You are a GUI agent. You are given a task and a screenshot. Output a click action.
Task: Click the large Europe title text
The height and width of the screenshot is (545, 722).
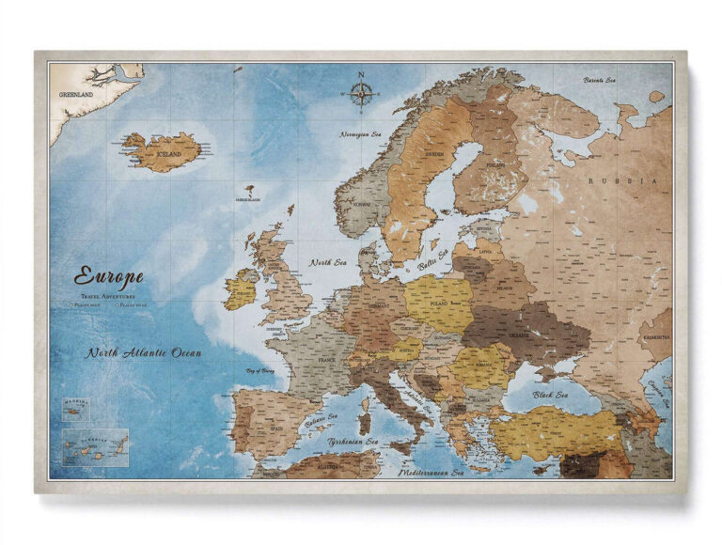pos(109,276)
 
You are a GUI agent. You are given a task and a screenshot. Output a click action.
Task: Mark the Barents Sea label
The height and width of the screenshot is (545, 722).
pos(599,80)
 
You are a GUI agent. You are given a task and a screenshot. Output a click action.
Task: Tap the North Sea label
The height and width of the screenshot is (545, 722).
pos(328,262)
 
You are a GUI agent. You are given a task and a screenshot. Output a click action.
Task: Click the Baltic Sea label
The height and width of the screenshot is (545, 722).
pos(433,259)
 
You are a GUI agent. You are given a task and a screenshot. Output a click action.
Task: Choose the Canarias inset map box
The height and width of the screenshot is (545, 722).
pos(95,447)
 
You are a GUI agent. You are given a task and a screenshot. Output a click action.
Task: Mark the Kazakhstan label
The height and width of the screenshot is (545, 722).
pos(655,333)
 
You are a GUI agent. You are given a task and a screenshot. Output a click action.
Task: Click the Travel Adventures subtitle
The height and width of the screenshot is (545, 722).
pos(107,296)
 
